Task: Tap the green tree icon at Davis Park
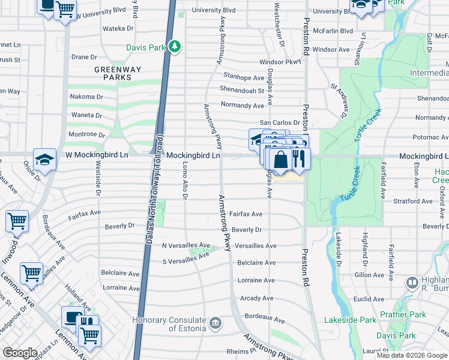point(174,46)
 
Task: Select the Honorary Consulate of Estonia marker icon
point(215,325)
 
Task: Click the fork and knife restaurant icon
point(298,160)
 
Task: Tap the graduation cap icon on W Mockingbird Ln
point(44,160)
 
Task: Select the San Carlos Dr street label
point(279,122)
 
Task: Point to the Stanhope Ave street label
point(244,77)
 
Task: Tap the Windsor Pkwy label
point(280,62)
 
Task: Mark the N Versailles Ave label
point(186,245)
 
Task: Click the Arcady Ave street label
point(256,298)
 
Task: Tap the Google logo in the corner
point(20,353)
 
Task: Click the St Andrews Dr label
point(340,100)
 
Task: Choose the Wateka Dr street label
point(118,28)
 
